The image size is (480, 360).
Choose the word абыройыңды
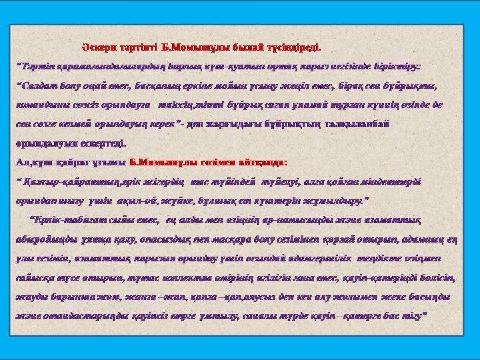(x=44, y=238)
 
